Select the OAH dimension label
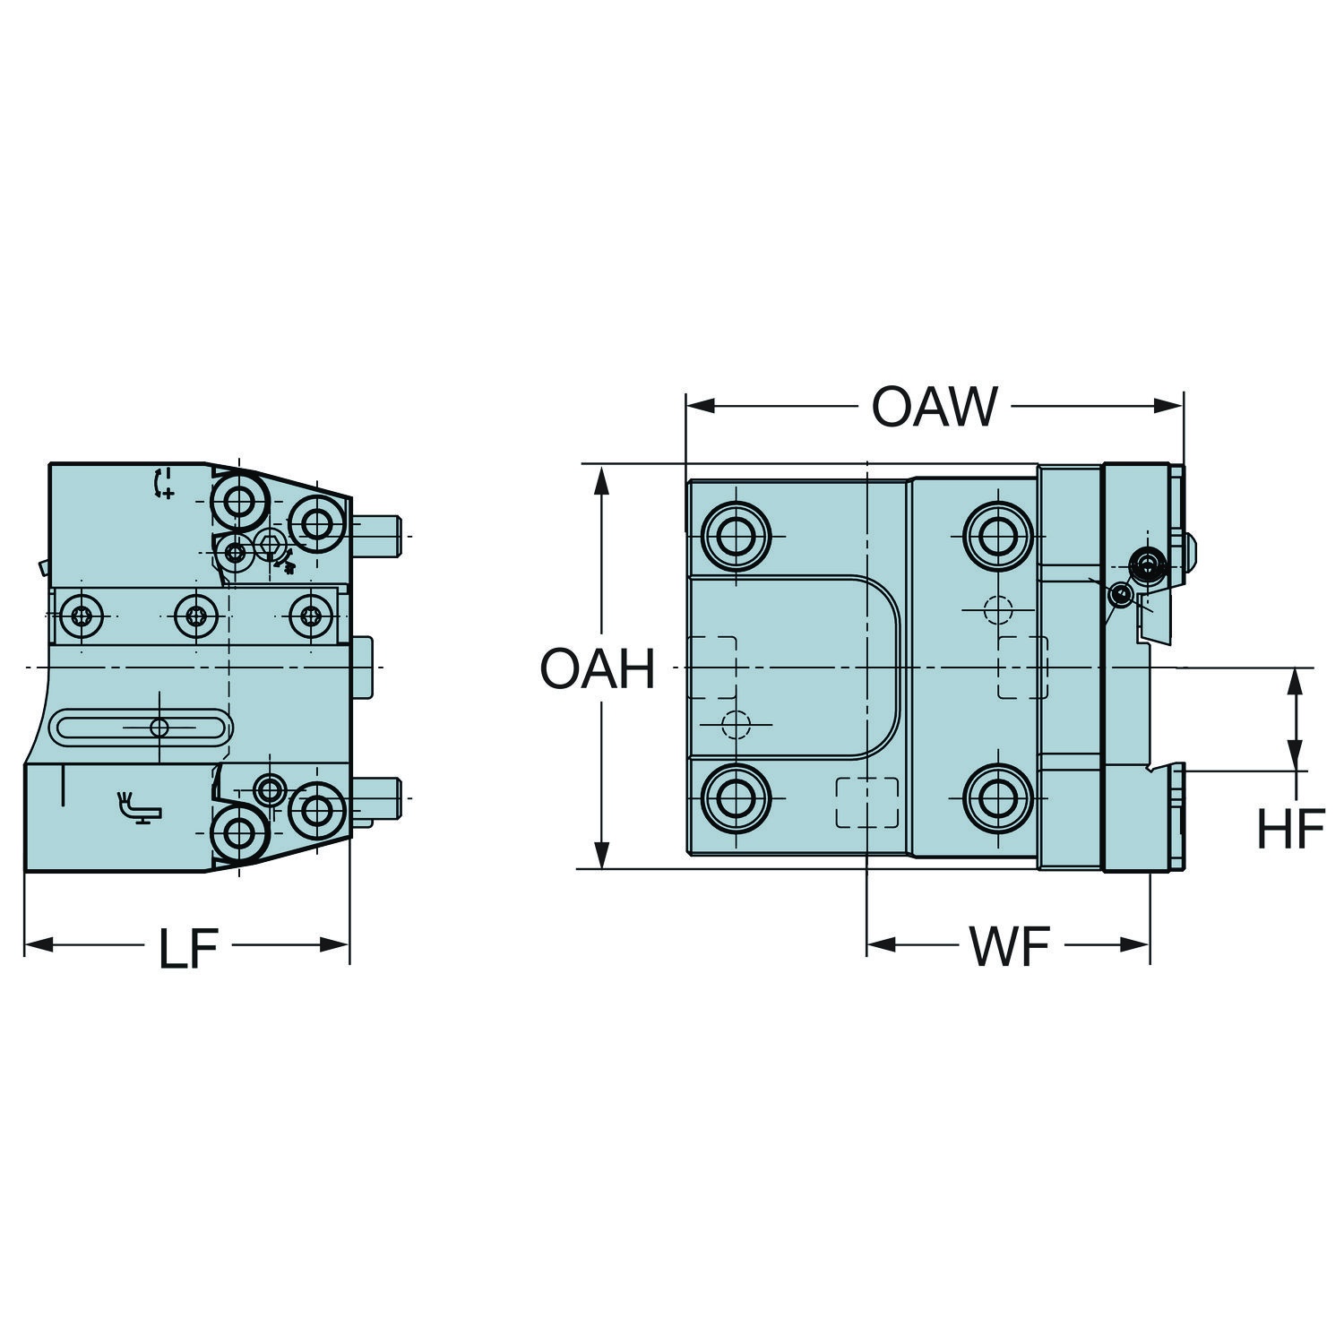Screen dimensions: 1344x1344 tap(598, 669)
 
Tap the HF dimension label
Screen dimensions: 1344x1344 tap(1290, 830)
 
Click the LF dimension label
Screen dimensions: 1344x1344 tap(188, 949)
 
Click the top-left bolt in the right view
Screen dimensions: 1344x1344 tap(737, 537)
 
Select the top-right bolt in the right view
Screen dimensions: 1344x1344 tap(998, 537)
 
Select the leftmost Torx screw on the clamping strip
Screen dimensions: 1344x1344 tap(82, 616)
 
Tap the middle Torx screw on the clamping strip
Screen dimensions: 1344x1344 tap(197, 616)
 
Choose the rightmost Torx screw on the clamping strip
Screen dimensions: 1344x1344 tap(311, 616)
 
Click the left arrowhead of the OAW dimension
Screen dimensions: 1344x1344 tap(700, 407)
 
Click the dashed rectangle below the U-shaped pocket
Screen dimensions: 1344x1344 tap(866, 802)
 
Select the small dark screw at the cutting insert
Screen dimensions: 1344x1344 tap(1148, 563)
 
